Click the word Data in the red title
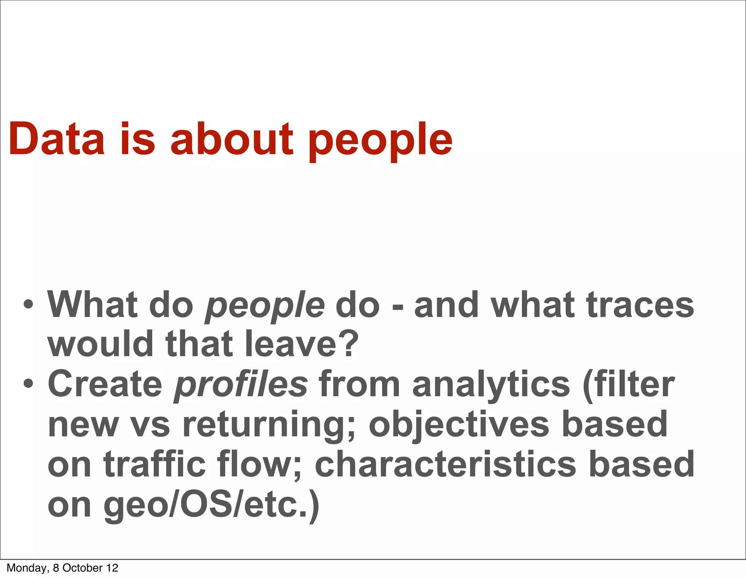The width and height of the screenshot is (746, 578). click(x=56, y=139)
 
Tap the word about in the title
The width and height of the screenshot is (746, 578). click(x=232, y=139)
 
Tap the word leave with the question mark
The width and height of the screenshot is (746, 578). click(x=302, y=344)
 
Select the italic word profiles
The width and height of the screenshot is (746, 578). click(x=241, y=385)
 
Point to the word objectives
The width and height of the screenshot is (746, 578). click(x=459, y=425)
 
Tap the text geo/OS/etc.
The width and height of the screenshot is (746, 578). click(x=211, y=505)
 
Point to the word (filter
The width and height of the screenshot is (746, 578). click(x=628, y=385)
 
